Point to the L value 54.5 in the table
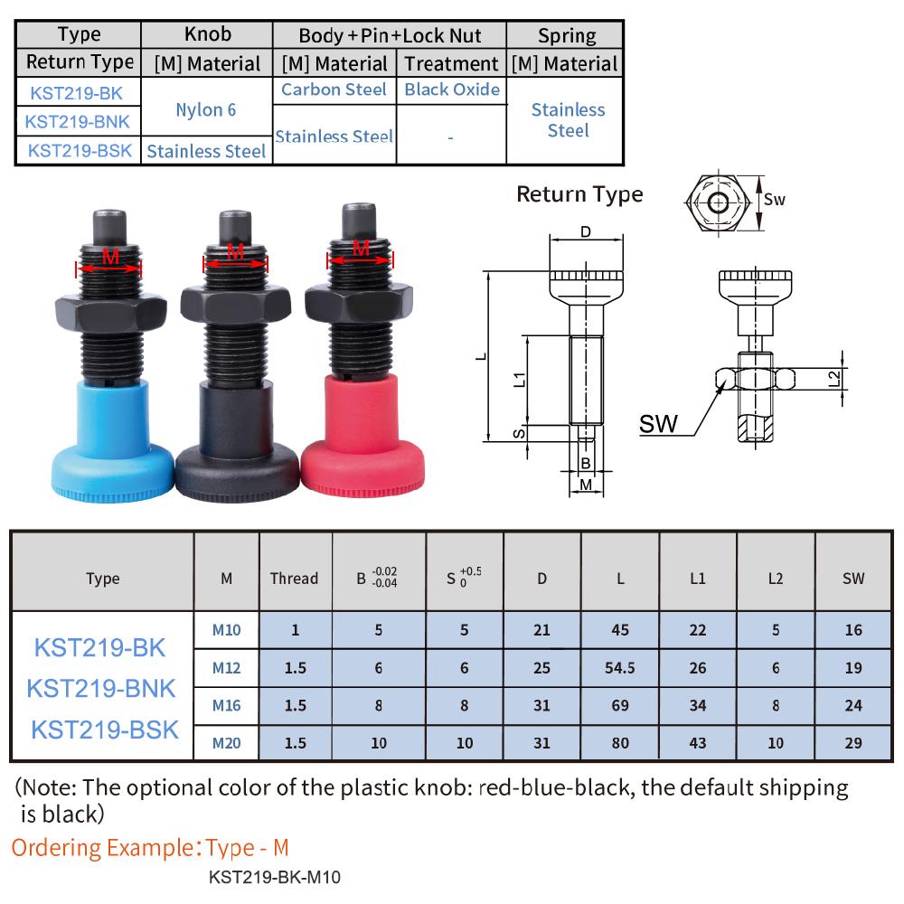(620, 668)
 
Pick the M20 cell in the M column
(226, 743)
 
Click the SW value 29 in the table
(853, 743)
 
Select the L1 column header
(697, 579)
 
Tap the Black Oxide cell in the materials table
(452, 89)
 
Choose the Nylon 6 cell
(206, 109)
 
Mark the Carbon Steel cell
(334, 89)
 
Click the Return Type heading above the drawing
(579, 193)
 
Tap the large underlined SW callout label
(658, 424)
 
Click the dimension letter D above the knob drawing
(585, 232)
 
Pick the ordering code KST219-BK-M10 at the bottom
(274, 877)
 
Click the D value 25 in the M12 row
(541, 668)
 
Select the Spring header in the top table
(567, 36)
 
